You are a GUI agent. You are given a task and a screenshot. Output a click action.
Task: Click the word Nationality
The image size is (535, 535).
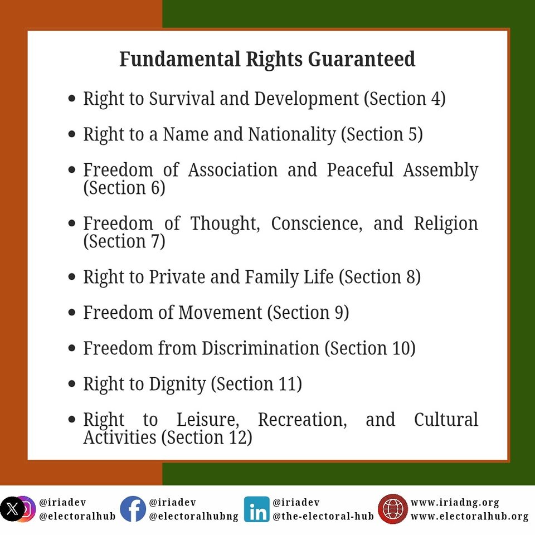pyautogui.click(x=291, y=134)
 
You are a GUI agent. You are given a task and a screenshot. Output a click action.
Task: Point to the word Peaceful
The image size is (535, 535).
pyautogui.click(x=360, y=169)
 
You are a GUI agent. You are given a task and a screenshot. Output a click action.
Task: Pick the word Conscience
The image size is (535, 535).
pyautogui.click(x=317, y=224)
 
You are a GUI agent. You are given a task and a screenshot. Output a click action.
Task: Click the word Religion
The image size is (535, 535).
pyautogui.click(x=446, y=224)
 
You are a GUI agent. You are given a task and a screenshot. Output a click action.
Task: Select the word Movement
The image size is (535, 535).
pyautogui.click(x=221, y=313)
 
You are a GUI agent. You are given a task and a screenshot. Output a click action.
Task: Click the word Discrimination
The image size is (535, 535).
pyautogui.click(x=260, y=348)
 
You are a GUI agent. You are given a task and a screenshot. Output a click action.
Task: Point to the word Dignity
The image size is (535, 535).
pyautogui.click(x=177, y=384)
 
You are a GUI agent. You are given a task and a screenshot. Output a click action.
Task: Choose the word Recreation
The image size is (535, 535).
pyautogui.click(x=302, y=420)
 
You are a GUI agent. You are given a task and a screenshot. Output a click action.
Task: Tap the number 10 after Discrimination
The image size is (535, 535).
pyautogui.click(x=401, y=348)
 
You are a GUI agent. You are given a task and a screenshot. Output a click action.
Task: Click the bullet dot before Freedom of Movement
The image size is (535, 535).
pyautogui.click(x=72, y=312)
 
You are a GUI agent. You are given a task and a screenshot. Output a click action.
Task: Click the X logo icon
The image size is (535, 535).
pyautogui.click(x=12, y=509)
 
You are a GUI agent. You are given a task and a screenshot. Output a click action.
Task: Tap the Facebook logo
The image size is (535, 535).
pyautogui.click(x=133, y=509)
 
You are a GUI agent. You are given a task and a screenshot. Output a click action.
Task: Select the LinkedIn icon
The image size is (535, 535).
pyautogui.click(x=256, y=509)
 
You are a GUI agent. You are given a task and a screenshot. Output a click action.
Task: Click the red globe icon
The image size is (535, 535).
pyautogui.click(x=393, y=509)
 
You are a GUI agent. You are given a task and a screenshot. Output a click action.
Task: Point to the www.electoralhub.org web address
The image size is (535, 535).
pyautogui.click(x=469, y=517)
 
